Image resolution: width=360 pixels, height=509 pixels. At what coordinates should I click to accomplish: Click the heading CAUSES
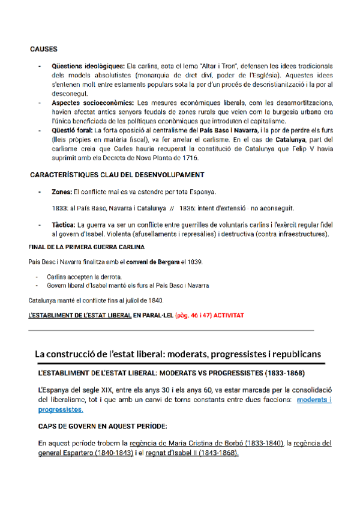tap(44, 49)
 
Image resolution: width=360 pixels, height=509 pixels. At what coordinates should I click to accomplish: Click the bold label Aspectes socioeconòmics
tap(93, 103)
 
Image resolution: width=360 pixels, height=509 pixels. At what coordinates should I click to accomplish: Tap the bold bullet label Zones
tap(62, 191)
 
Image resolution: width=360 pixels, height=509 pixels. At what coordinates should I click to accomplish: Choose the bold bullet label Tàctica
tap(64, 224)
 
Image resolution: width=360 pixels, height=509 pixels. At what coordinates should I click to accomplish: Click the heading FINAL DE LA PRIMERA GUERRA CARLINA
tap(86, 247)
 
